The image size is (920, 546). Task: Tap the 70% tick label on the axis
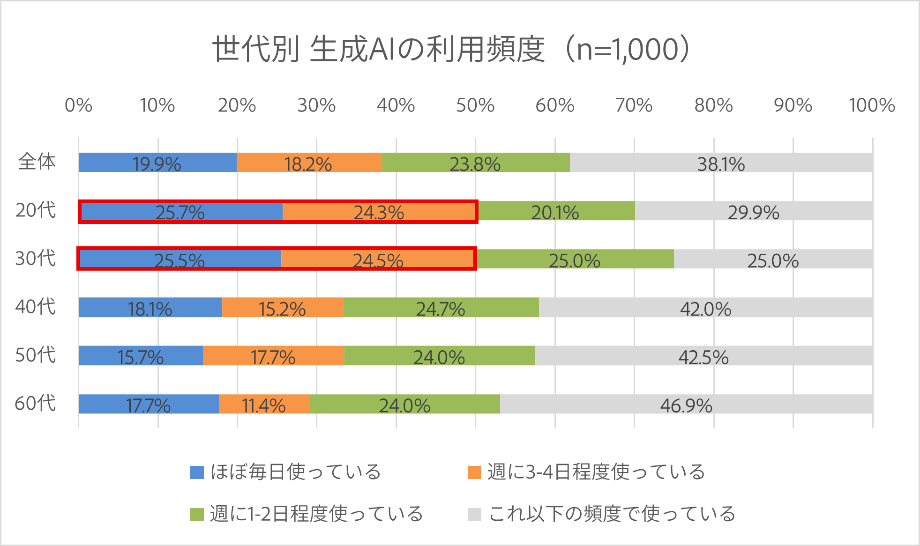coord(634,106)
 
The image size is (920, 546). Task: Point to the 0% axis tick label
coord(78,106)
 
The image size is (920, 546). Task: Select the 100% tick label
coord(872,106)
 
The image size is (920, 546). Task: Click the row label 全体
coord(37,162)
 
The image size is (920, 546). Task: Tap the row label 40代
coord(35,307)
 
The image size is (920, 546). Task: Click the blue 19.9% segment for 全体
coord(157,162)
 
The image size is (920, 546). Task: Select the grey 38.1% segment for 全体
coord(721,162)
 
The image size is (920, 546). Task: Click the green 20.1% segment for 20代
coord(556,211)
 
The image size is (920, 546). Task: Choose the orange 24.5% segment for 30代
coord(378,259)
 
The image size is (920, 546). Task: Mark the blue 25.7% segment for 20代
coord(181,211)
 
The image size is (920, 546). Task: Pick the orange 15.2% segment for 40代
coord(282,308)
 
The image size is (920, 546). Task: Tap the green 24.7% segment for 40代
coord(441,308)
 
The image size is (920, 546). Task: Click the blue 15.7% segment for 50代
coord(141,356)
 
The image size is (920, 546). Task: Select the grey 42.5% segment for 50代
coord(703,356)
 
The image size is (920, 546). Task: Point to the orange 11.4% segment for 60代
coord(264,404)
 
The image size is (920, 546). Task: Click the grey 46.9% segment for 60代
coord(686,404)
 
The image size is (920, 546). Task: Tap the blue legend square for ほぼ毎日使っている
coord(197,472)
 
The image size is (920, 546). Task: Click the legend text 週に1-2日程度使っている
coord(316,514)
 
